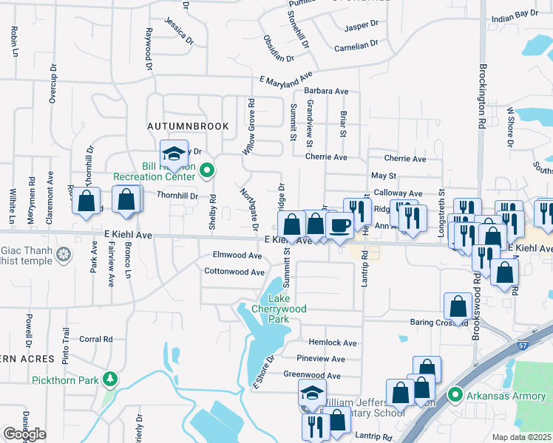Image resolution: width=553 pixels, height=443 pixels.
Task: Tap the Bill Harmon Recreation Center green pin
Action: coord(208,171)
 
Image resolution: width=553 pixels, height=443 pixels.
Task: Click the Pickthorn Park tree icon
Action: coord(111,380)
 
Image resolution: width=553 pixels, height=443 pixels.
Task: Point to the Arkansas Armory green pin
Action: coord(455,396)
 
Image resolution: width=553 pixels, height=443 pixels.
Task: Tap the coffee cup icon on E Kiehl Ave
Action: coord(339,224)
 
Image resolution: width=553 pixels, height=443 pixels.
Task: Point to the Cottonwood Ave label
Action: coord(234,272)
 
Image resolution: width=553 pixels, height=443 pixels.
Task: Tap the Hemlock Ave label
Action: coord(336,343)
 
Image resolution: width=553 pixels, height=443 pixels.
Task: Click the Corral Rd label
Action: coord(95,340)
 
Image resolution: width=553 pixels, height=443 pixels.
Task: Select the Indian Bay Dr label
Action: coord(515,14)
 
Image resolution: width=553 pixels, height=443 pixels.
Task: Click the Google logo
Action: coord(24,434)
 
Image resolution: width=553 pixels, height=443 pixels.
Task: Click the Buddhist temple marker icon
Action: coord(64,255)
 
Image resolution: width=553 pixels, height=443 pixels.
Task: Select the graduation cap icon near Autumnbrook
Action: coord(174,154)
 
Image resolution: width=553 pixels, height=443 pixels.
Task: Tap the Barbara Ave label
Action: coord(326,92)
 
